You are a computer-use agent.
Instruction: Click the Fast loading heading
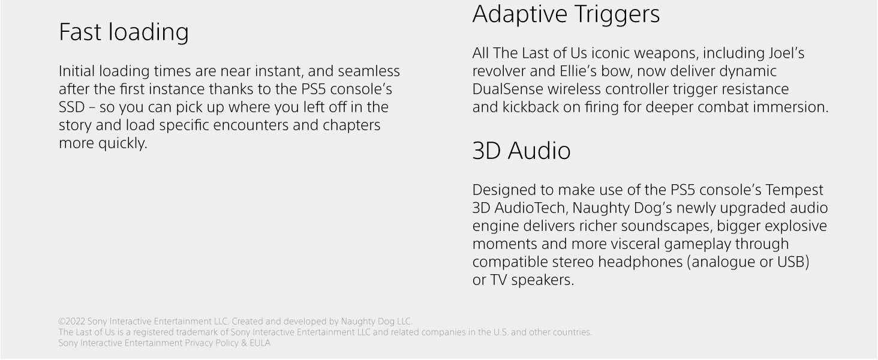point(124,32)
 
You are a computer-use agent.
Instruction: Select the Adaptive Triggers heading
point(566,14)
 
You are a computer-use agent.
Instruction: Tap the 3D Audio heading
point(521,151)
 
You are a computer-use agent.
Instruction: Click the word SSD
point(72,107)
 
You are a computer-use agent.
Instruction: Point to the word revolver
point(498,71)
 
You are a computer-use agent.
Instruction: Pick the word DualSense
point(507,89)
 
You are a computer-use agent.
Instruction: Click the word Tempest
point(794,190)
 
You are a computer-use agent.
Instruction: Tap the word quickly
point(122,143)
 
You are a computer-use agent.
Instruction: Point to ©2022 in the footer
point(72,322)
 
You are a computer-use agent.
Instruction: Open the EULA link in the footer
point(260,343)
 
